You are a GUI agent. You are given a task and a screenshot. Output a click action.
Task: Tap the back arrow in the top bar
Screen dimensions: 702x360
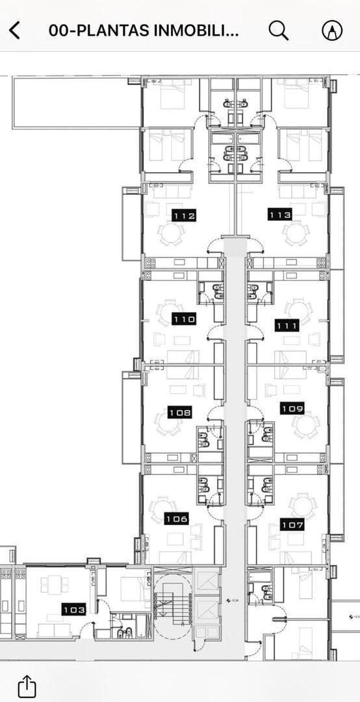[x=14, y=30]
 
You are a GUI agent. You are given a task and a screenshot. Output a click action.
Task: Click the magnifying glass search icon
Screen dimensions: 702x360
[x=278, y=30]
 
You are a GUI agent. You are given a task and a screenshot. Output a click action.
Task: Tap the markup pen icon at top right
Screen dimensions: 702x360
[x=332, y=30]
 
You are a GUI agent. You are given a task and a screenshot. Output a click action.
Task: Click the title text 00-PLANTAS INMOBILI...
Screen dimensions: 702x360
[x=144, y=30]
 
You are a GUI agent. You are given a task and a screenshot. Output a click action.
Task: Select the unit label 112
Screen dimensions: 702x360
[x=185, y=215]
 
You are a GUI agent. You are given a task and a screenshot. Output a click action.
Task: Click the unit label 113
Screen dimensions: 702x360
[x=280, y=214]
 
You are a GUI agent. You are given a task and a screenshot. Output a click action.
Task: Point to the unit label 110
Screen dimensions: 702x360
[x=184, y=319]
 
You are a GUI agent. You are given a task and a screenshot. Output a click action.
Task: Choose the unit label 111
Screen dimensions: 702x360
[x=287, y=326]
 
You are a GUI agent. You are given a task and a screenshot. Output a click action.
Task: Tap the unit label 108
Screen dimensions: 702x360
[x=180, y=412]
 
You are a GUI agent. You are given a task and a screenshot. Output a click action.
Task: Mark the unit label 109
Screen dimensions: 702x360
[x=292, y=408]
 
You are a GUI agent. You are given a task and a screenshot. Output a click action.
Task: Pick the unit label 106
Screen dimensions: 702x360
[x=177, y=519]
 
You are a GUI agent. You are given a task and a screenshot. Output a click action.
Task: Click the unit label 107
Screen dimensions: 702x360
[x=292, y=524]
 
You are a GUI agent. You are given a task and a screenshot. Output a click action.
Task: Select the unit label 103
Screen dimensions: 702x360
[x=73, y=610]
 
